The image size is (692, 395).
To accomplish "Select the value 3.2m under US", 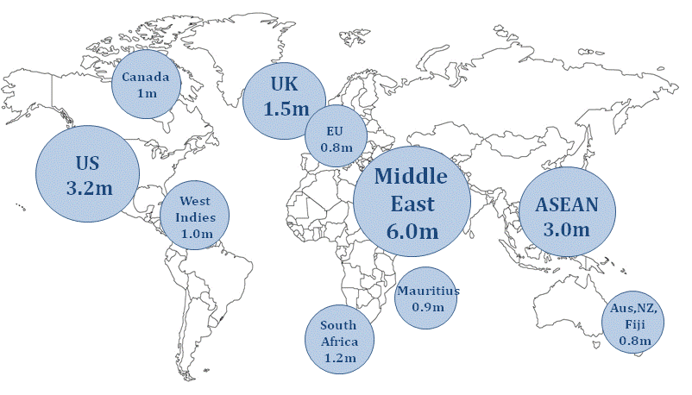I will pos(88,185).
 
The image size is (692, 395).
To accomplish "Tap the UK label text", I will pos(285,85).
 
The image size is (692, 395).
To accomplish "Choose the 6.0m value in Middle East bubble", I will pos(412,232).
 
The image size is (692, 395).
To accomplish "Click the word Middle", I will pos(412,177).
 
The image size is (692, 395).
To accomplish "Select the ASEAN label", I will pos(566,206).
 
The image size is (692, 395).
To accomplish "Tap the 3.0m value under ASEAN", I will pos(566,229).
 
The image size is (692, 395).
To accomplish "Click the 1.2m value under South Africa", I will pos(339,356).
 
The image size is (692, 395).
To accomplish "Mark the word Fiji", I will pos(634,324).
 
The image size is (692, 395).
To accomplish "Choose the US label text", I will pos(88,163).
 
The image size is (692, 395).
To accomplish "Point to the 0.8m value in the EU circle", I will pos(336,147).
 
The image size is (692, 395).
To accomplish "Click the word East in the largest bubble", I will pos(412,204).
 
